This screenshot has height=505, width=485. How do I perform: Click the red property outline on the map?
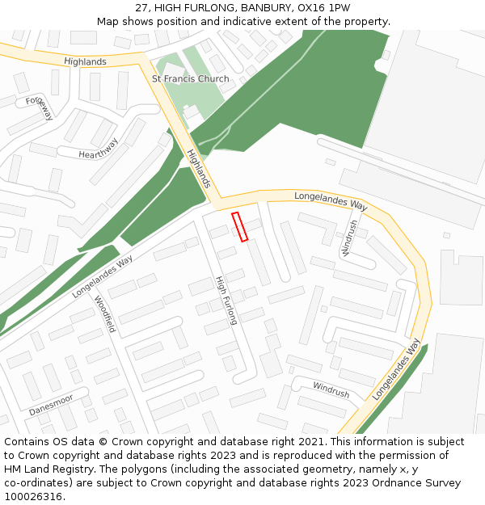click(239, 226)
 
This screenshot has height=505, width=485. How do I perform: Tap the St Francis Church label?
click(190, 78)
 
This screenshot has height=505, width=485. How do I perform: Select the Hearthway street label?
click(99, 149)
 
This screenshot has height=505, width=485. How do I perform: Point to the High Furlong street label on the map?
click(226, 300)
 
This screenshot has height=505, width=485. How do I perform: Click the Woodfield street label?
click(105, 314)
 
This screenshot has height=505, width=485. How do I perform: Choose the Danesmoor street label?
click(51, 405)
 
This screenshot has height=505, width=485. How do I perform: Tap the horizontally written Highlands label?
click(85, 62)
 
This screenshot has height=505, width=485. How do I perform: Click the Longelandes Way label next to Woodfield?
click(102, 276)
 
